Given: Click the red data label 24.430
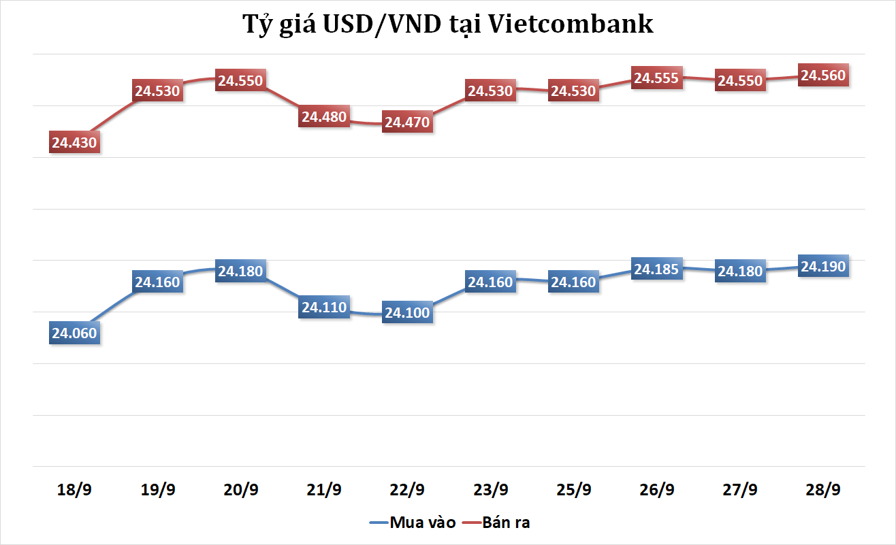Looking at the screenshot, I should click(74, 143).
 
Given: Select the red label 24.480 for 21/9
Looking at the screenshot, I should click(324, 117).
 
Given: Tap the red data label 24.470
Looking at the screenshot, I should click(407, 123).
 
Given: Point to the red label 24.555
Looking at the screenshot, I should click(656, 78).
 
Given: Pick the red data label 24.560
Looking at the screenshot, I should click(823, 76).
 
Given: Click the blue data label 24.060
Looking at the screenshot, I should click(74, 333).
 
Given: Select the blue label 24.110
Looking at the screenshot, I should click(324, 308).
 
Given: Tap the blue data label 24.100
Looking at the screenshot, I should click(407, 314).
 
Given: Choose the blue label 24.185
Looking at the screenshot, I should click(656, 269).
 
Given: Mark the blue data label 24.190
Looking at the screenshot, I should click(823, 267).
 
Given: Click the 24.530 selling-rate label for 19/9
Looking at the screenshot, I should click(158, 91).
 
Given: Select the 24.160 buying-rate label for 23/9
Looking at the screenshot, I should click(490, 282).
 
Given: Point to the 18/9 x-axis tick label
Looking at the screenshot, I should click(74, 490).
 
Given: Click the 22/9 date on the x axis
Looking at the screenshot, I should click(407, 490).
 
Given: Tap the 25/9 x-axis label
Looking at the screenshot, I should click(573, 490).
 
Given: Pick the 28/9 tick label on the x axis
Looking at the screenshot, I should click(823, 490).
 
